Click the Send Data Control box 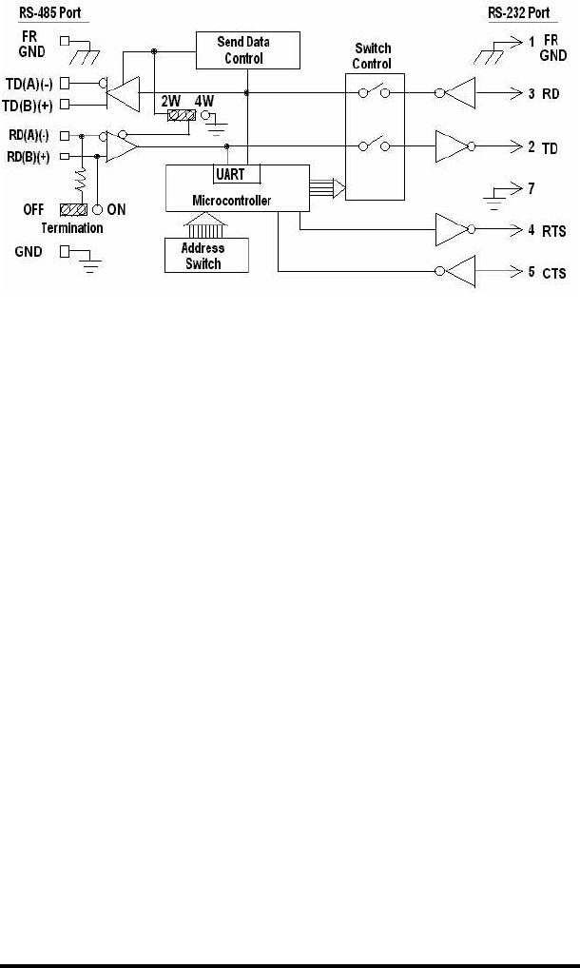pyautogui.click(x=246, y=49)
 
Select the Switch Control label pyautogui.click(x=373, y=56)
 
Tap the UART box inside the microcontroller pyautogui.click(x=231, y=175)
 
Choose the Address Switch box pyautogui.click(x=203, y=256)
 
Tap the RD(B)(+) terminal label pyautogui.click(x=29, y=155)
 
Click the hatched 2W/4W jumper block pyautogui.click(x=181, y=115)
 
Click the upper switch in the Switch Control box pyautogui.click(x=374, y=93)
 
